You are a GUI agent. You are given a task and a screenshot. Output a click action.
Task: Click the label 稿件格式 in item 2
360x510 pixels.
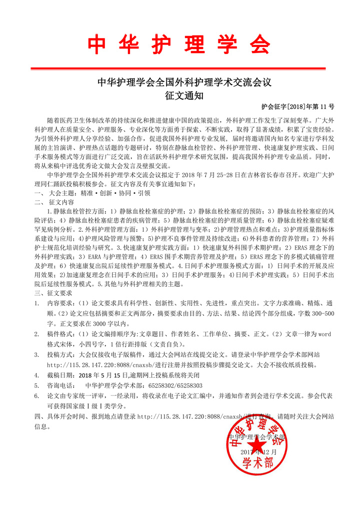click(59, 334)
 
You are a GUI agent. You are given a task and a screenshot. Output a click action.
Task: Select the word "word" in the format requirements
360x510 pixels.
click(324, 334)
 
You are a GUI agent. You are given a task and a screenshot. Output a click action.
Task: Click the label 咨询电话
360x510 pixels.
click(59, 385)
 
